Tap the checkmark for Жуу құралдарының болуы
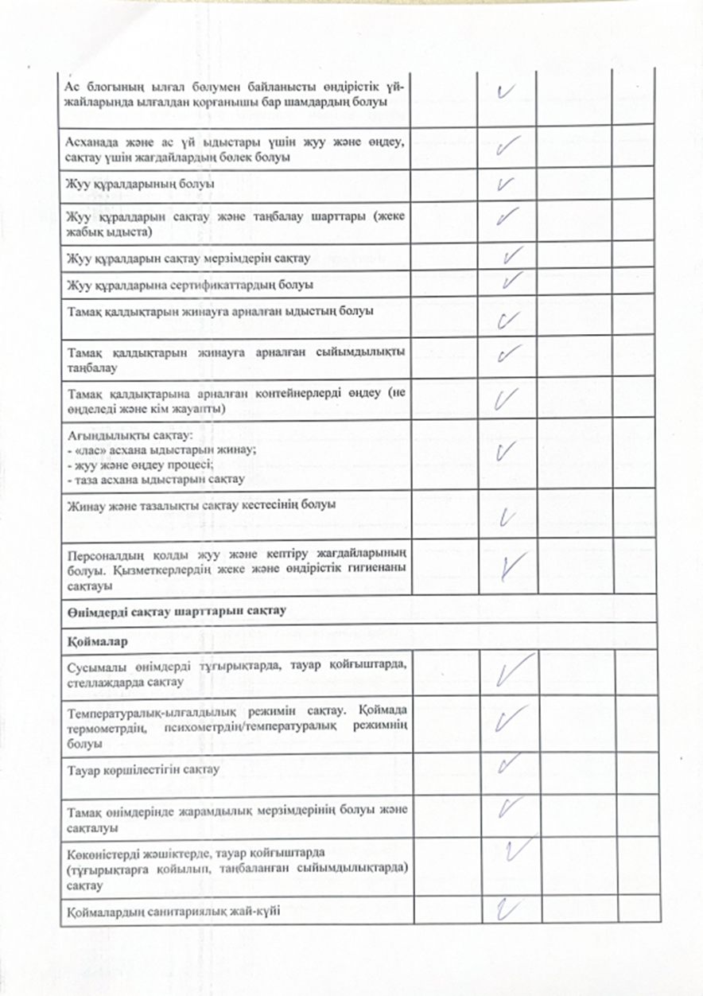coord(503,185)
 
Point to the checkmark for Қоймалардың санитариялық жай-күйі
coord(503,907)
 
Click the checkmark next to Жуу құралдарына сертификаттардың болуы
coord(512,280)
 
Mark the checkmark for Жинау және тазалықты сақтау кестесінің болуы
coord(509,519)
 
